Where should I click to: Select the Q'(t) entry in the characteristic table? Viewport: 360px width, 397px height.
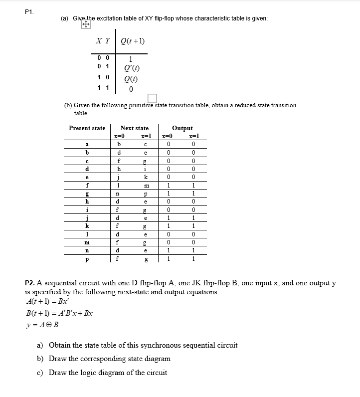point(131,69)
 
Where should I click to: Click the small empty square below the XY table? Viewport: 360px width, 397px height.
point(152,97)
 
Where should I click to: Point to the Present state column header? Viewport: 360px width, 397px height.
point(87,128)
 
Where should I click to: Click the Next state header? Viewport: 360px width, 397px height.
point(134,128)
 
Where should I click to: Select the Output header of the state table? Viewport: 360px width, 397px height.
point(182,128)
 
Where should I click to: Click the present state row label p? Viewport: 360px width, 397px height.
point(87,259)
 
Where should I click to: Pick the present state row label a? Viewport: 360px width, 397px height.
point(87,144)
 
